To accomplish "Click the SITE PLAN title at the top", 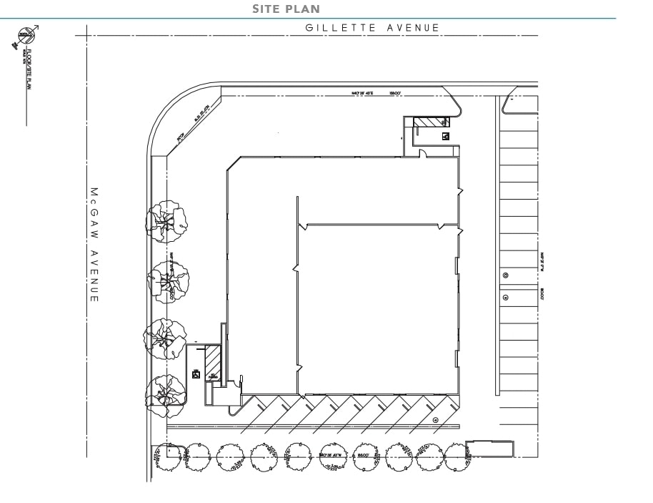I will click(x=286, y=9).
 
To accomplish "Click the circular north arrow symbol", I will click(x=27, y=36).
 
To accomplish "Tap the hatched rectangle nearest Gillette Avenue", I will click(x=431, y=122).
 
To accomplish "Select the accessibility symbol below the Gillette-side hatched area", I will click(x=445, y=135).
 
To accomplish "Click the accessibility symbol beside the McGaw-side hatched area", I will click(x=196, y=374).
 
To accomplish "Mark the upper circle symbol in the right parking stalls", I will click(x=506, y=275).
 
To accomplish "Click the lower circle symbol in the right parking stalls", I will click(x=506, y=297).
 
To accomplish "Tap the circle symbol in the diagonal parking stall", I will click(x=437, y=420).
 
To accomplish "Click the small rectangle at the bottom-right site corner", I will click(x=489, y=449).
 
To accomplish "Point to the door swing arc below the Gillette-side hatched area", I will click(x=422, y=152).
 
